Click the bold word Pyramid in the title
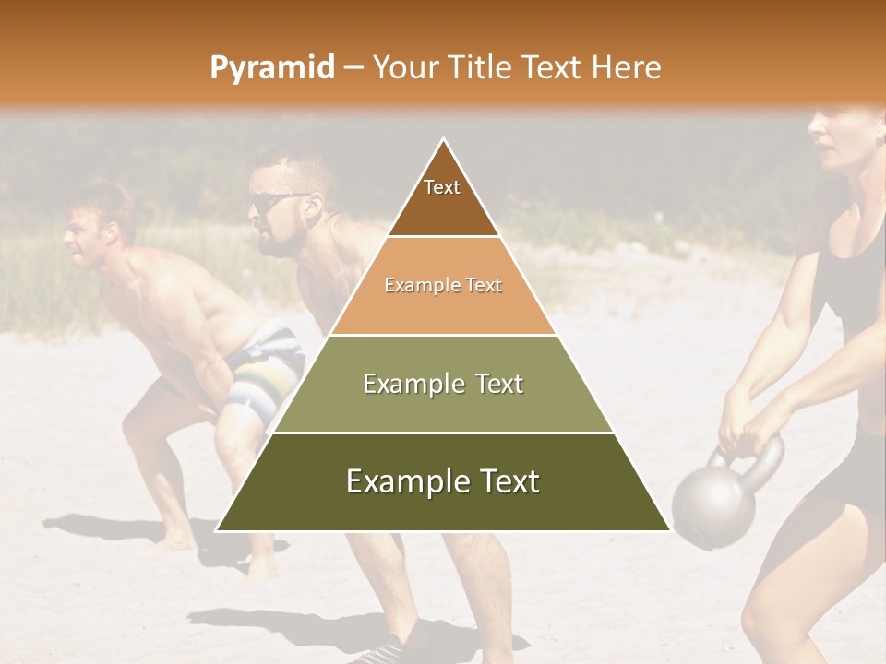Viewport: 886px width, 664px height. (x=271, y=67)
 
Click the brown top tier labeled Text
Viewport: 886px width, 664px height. (x=443, y=198)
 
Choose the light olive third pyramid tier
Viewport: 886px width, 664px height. (x=443, y=384)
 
